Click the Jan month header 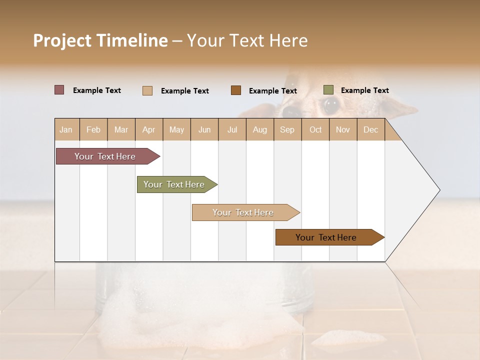click(x=66, y=129)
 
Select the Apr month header click(x=148, y=129)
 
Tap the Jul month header click(x=232, y=129)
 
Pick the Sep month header click(x=287, y=129)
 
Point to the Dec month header click(x=370, y=129)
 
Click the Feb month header click(x=93, y=129)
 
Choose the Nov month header click(x=342, y=129)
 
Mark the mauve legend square click(x=59, y=90)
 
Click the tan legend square click(x=147, y=90)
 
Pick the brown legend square click(x=236, y=90)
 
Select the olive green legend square click(x=328, y=90)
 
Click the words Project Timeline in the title click(x=100, y=40)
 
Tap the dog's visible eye click(x=330, y=105)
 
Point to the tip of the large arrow click(x=439, y=190)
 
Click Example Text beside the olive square click(x=364, y=90)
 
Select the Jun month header click(x=204, y=129)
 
